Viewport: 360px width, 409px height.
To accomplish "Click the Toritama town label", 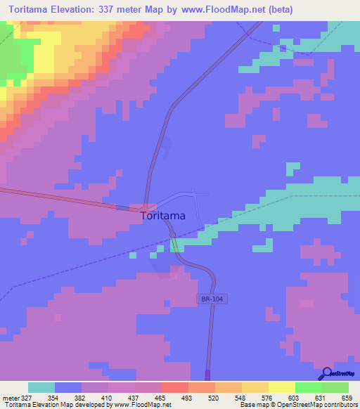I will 163,216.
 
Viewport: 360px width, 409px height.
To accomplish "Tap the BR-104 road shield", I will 212,299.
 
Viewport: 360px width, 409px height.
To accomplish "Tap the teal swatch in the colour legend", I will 41,387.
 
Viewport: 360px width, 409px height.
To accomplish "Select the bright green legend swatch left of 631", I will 308,387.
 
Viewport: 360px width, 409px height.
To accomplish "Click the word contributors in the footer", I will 340,405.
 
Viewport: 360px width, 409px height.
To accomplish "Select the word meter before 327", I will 11,398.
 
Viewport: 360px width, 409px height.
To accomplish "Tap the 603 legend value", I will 288,398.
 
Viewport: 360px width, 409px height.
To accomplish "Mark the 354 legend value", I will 51,398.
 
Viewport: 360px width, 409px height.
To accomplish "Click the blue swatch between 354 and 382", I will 68,387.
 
